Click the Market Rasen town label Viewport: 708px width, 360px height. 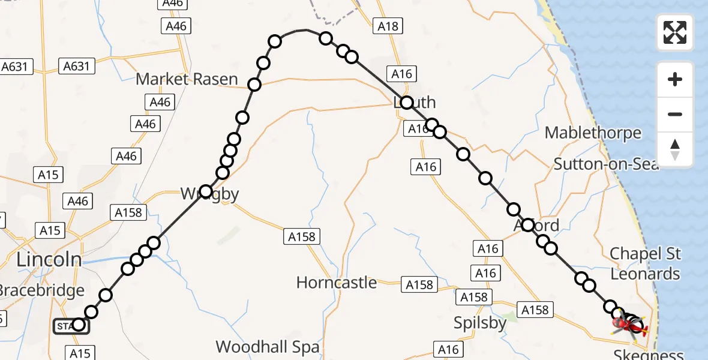187,79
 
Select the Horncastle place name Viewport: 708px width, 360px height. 337,282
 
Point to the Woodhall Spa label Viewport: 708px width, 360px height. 268,346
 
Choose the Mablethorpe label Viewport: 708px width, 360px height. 593,133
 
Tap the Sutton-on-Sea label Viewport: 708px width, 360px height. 606,163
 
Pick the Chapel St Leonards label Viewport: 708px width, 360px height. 645,263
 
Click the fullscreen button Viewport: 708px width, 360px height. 675,32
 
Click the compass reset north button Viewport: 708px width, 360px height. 675,149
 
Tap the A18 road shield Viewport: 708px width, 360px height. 388,26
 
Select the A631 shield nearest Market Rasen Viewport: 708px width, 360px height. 76,66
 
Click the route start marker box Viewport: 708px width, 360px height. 71,326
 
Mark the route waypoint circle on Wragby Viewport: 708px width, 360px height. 206,192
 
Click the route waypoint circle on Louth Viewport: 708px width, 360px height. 406,103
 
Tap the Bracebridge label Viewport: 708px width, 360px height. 41,290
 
